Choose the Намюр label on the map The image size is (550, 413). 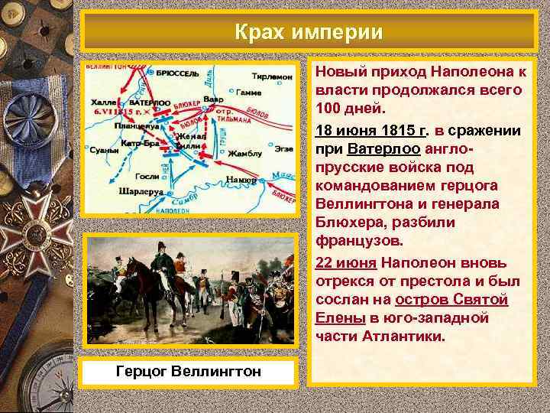241,180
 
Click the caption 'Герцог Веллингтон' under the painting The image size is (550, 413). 189,372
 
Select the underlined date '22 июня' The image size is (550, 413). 345,262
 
